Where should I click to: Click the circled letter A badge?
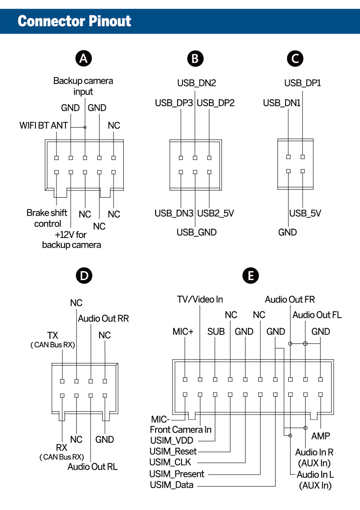coord(83,59)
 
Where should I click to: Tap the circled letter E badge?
coord(251,276)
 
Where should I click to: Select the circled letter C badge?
coord(295,59)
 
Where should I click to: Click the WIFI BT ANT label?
coord(43,125)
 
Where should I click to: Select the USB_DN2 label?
coord(196,83)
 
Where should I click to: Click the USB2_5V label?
coord(216,213)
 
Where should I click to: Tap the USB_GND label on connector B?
coord(196,232)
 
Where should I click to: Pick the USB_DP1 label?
coord(303,83)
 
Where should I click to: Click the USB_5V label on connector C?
coord(305,213)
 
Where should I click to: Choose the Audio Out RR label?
coord(104,319)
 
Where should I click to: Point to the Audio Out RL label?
coord(92,467)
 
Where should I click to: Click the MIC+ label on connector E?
coord(183,332)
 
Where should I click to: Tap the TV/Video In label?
coord(200,299)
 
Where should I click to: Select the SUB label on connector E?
coord(216,332)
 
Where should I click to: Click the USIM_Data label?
coord(172,485)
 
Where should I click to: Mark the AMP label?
coord(321,436)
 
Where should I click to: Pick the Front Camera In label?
coord(181,429)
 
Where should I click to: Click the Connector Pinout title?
coord(74,21)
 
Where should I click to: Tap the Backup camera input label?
coord(83,86)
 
